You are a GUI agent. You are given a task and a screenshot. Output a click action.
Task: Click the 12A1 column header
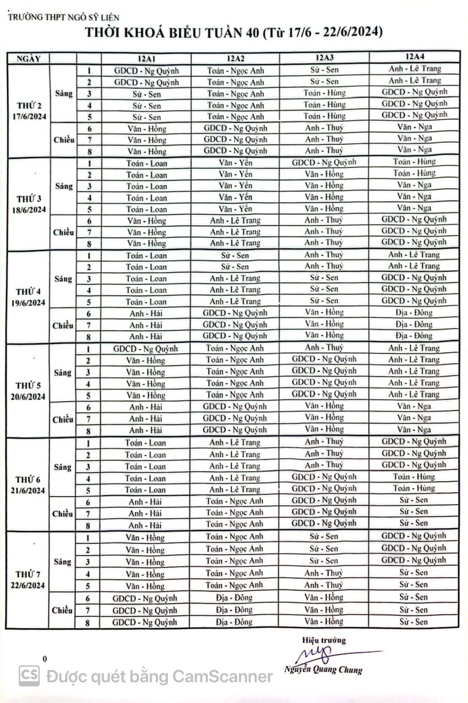pyautogui.click(x=146, y=59)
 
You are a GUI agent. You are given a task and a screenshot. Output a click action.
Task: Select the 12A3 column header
pyautogui.click(x=324, y=58)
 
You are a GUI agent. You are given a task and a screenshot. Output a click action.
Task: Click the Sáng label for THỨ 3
pyautogui.click(x=64, y=186)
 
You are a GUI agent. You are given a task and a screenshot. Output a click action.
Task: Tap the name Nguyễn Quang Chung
pyautogui.click(x=324, y=669)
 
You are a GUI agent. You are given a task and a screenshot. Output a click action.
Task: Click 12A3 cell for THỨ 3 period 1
pyautogui.click(x=324, y=163)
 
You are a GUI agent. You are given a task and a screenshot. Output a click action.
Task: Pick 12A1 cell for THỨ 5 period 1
pyautogui.click(x=146, y=348)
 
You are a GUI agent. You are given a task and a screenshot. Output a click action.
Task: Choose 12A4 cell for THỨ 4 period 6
pyautogui.click(x=414, y=313)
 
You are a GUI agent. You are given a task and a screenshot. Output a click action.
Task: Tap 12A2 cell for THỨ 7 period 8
pyautogui.click(x=235, y=622)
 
